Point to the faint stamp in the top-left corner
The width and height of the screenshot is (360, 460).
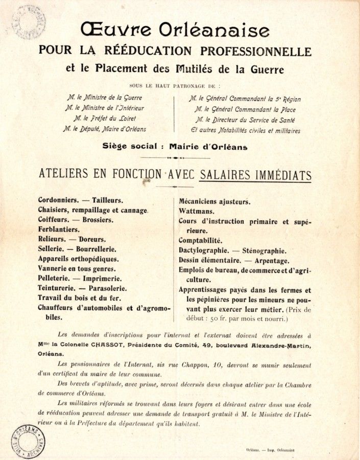click(29, 21)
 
